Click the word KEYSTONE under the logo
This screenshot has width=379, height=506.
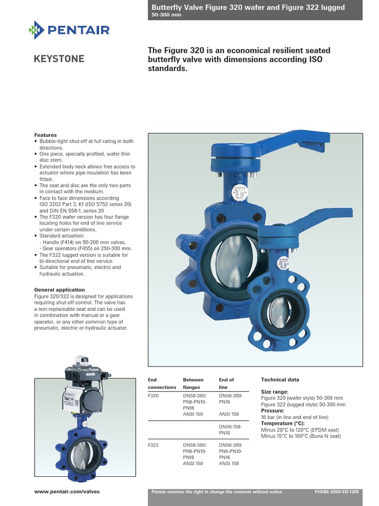[x=59, y=59]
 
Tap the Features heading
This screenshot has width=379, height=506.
[x=45, y=135]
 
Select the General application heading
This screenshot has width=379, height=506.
[x=59, y=290]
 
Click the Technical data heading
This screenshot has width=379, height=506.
[x=280, y=379]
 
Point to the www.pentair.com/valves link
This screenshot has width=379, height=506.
[x=67, y=492]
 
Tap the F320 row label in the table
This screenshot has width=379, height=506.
[x=153, y=396]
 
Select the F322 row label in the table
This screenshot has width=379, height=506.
[x=153, y=445]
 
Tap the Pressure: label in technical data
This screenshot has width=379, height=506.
[x=272, y=411]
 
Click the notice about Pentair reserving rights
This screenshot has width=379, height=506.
[x=217, y=492]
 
